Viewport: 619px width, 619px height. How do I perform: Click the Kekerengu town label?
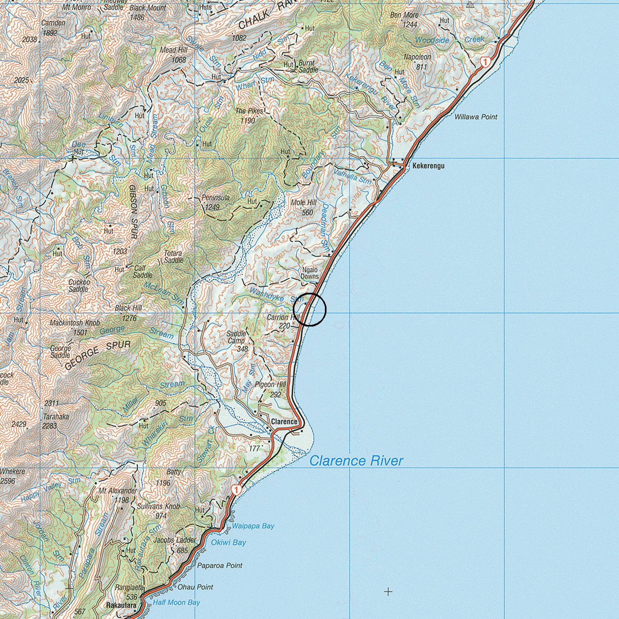point(428,166)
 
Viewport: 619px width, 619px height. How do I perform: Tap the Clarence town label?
point(284,422)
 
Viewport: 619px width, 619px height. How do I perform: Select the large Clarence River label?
point(356,461)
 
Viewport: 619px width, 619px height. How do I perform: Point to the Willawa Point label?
point(476,117)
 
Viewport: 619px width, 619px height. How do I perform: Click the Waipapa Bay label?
point(253,526)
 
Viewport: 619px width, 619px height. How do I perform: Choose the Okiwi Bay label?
point(228,542)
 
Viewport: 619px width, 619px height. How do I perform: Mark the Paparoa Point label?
point(220,565)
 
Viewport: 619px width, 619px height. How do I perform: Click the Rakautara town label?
point(121,606)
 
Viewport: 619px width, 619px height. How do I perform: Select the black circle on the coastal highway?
point(309,309)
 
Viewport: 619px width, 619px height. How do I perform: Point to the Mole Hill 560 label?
point(303,208)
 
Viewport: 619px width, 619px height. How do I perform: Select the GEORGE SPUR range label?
point(98,355)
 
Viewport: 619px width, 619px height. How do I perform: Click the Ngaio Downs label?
point(309,273)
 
